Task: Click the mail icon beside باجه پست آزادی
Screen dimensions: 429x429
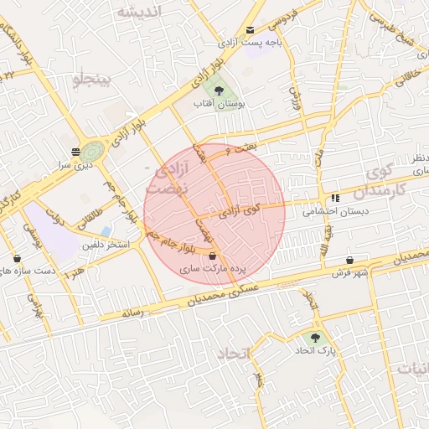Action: [x=250, y=30]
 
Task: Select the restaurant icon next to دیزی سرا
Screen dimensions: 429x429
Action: [x=77, y=152]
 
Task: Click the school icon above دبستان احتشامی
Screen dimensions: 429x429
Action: [x=336, y=199]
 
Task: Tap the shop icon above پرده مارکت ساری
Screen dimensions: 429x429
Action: [x=212, y=256]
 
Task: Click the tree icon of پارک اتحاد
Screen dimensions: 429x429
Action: [x=315, y=338]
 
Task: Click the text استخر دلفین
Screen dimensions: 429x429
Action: [x=106, y=245]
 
